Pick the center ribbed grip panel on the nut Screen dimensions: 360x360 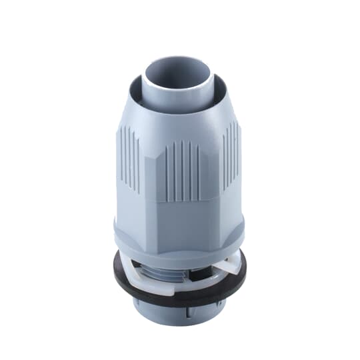coord(181,170)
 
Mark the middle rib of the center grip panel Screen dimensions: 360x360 coord(181,170)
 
